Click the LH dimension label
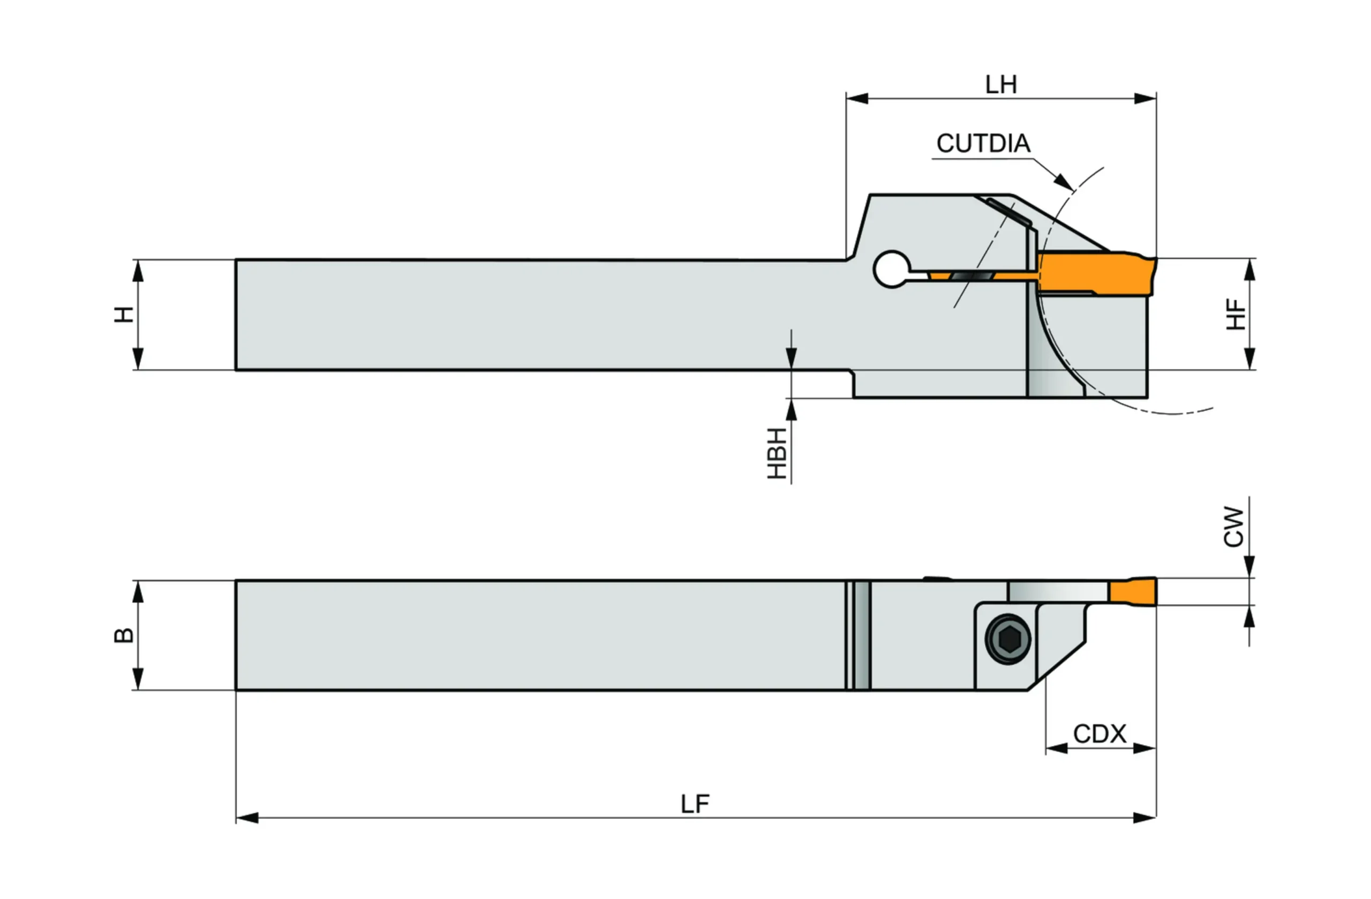coord(1000,85)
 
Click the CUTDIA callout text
coord(983,144)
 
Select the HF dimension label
coord(1236,314)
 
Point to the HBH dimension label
coord(777,454)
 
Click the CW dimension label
coord(1234,527)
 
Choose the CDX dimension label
coord(1099,733)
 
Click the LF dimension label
coord(695,804)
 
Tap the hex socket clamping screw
coord(1008,639)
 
